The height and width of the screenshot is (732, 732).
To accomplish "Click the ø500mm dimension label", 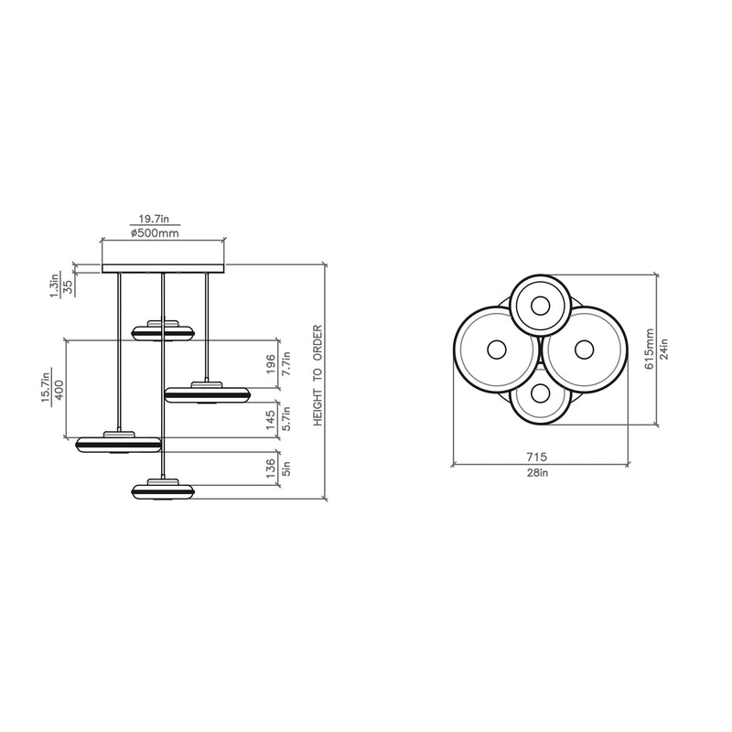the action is (x=155, y=233).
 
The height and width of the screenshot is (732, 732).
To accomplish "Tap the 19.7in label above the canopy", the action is (x=154, y=219).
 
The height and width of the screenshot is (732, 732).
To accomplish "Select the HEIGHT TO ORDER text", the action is (x=318, y=375).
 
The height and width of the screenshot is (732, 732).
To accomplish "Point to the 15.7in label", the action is (x=46, y=386).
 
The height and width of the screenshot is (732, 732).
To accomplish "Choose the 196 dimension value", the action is (x=271, y=364).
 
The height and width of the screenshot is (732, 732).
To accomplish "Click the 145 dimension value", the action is (x=271, y=420).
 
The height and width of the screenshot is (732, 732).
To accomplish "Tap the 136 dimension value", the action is (x=271, y=468).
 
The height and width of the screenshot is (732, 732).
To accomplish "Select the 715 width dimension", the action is (x=537, y=457).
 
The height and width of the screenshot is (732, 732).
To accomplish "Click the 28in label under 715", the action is (x=537, y=472).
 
